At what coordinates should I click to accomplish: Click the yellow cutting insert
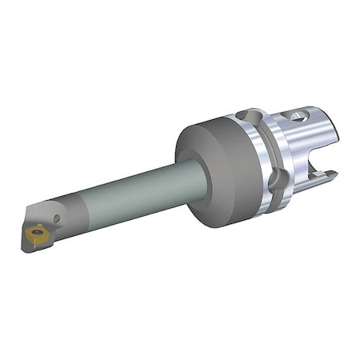click(37, 233)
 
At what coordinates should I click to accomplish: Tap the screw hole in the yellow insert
click(37, 233)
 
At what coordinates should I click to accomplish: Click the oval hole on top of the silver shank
click(299, 117)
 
